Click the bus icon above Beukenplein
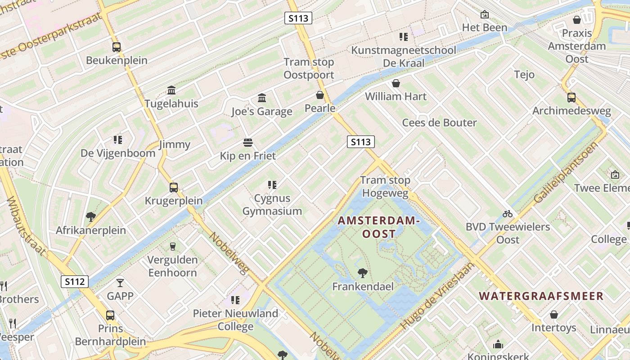tap(116, 47)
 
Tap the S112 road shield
tap(75, 282)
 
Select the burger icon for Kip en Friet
tap(247, 143)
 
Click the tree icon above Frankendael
tap(362, 273)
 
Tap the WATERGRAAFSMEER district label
tap(541, 296)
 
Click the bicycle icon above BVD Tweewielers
tap(508, 214)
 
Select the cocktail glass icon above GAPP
tap(120, 283)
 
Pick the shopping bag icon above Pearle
tap(319, 95)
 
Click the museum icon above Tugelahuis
tap(171, 90)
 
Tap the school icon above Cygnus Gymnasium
tap(272, 184)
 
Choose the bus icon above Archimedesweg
tap(571, 97)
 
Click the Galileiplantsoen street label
tap(566, 172)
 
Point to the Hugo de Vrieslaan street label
tap(437, 296)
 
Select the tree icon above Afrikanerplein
tap(90, 217)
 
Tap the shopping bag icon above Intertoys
tap(553, 314)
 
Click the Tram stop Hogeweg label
tap(385, 187)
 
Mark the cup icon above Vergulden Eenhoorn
tap(172, 246)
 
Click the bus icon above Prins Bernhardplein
tap(110, 315)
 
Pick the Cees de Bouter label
tap(439, 123)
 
